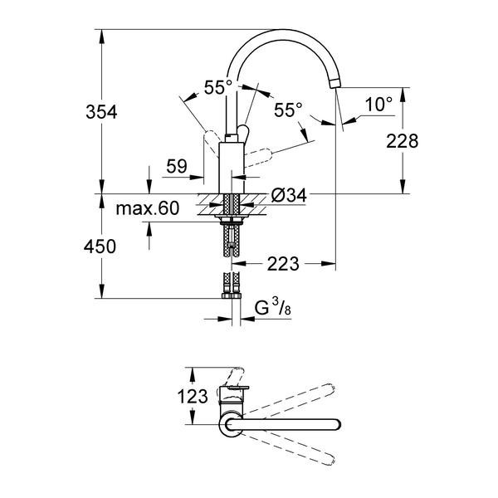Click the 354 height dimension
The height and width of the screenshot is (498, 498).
point(101,112)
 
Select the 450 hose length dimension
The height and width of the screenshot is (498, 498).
point(100,247)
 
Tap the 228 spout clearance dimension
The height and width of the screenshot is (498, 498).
point(402,141)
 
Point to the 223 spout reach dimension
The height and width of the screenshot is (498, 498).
point(283,264)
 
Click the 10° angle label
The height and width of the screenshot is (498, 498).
point(378,105)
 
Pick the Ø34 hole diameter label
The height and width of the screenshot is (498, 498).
point(289,195)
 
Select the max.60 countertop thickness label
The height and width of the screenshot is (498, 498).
point(148,208)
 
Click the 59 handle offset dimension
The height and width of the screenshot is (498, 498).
point(177,166)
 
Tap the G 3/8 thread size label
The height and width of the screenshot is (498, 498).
point(273,307)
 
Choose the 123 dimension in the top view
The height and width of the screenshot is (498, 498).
point(193,397)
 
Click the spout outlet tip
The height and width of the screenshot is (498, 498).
point(334,83)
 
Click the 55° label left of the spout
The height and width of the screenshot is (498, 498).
point(218,87)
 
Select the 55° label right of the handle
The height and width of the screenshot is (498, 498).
point(288,110)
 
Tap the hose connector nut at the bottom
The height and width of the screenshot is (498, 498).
point(232,296)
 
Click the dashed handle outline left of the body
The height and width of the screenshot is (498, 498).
point(212,144)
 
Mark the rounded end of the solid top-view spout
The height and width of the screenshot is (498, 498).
point(337,425)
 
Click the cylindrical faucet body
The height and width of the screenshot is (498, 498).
point(232,168)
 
